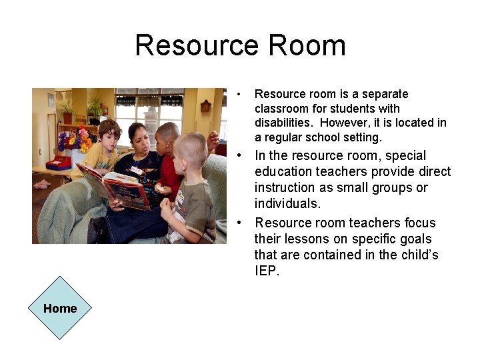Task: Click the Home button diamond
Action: point(60,308)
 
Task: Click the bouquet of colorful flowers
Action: point(74,140)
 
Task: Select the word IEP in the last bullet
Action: point(266,271)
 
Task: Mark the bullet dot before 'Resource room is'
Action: point(239,94)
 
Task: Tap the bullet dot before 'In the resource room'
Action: point(239,155)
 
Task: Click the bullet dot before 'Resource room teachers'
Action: point(239,223)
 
